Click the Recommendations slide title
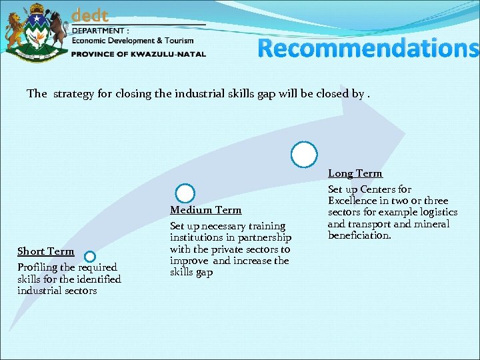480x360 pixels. [368, 48]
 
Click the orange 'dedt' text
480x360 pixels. [90, 15]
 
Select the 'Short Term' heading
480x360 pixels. [45, 251]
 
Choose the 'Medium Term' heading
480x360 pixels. [205, 210]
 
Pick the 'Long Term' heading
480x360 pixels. [355, 173]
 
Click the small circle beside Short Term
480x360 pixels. [90, 256]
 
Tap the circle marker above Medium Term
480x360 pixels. [185, 194]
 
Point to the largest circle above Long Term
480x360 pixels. [304, 155]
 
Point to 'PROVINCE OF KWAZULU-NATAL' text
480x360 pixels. [139, 54]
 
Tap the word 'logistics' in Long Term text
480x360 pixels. [437, 212]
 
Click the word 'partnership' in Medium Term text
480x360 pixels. [265, 238]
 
